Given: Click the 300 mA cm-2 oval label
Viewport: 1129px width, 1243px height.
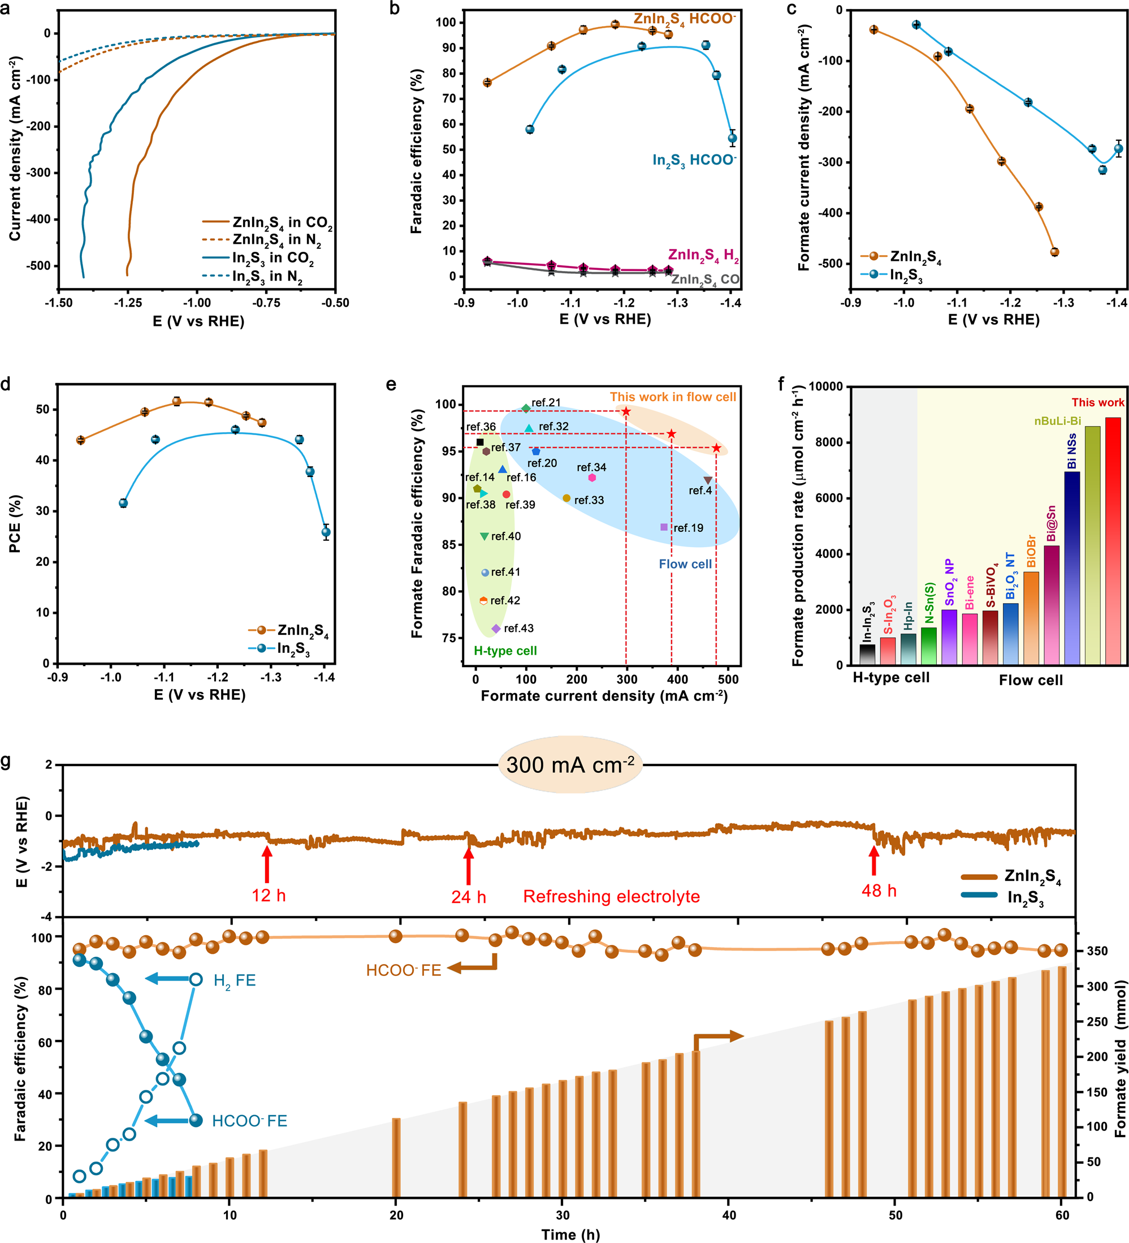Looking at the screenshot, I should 570,765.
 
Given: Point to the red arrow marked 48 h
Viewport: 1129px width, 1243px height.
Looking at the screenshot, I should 873,861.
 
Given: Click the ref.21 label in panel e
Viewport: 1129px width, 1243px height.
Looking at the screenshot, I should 546,403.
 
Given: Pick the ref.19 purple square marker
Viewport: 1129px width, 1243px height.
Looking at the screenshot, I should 664,527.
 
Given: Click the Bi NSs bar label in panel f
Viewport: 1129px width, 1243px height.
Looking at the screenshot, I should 1072,451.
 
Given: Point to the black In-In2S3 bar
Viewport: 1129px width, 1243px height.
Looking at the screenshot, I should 868,654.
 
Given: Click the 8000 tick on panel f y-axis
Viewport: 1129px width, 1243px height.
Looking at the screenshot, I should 826,442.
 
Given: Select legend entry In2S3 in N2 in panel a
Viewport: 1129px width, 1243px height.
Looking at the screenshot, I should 267,276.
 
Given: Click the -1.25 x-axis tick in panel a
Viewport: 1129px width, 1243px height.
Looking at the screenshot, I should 128,303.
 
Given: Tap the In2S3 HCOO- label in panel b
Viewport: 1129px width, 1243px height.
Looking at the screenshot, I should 694,161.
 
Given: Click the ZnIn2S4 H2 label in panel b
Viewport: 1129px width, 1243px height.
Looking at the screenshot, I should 703,255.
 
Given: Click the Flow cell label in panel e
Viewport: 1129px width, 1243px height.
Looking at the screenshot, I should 685,564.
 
